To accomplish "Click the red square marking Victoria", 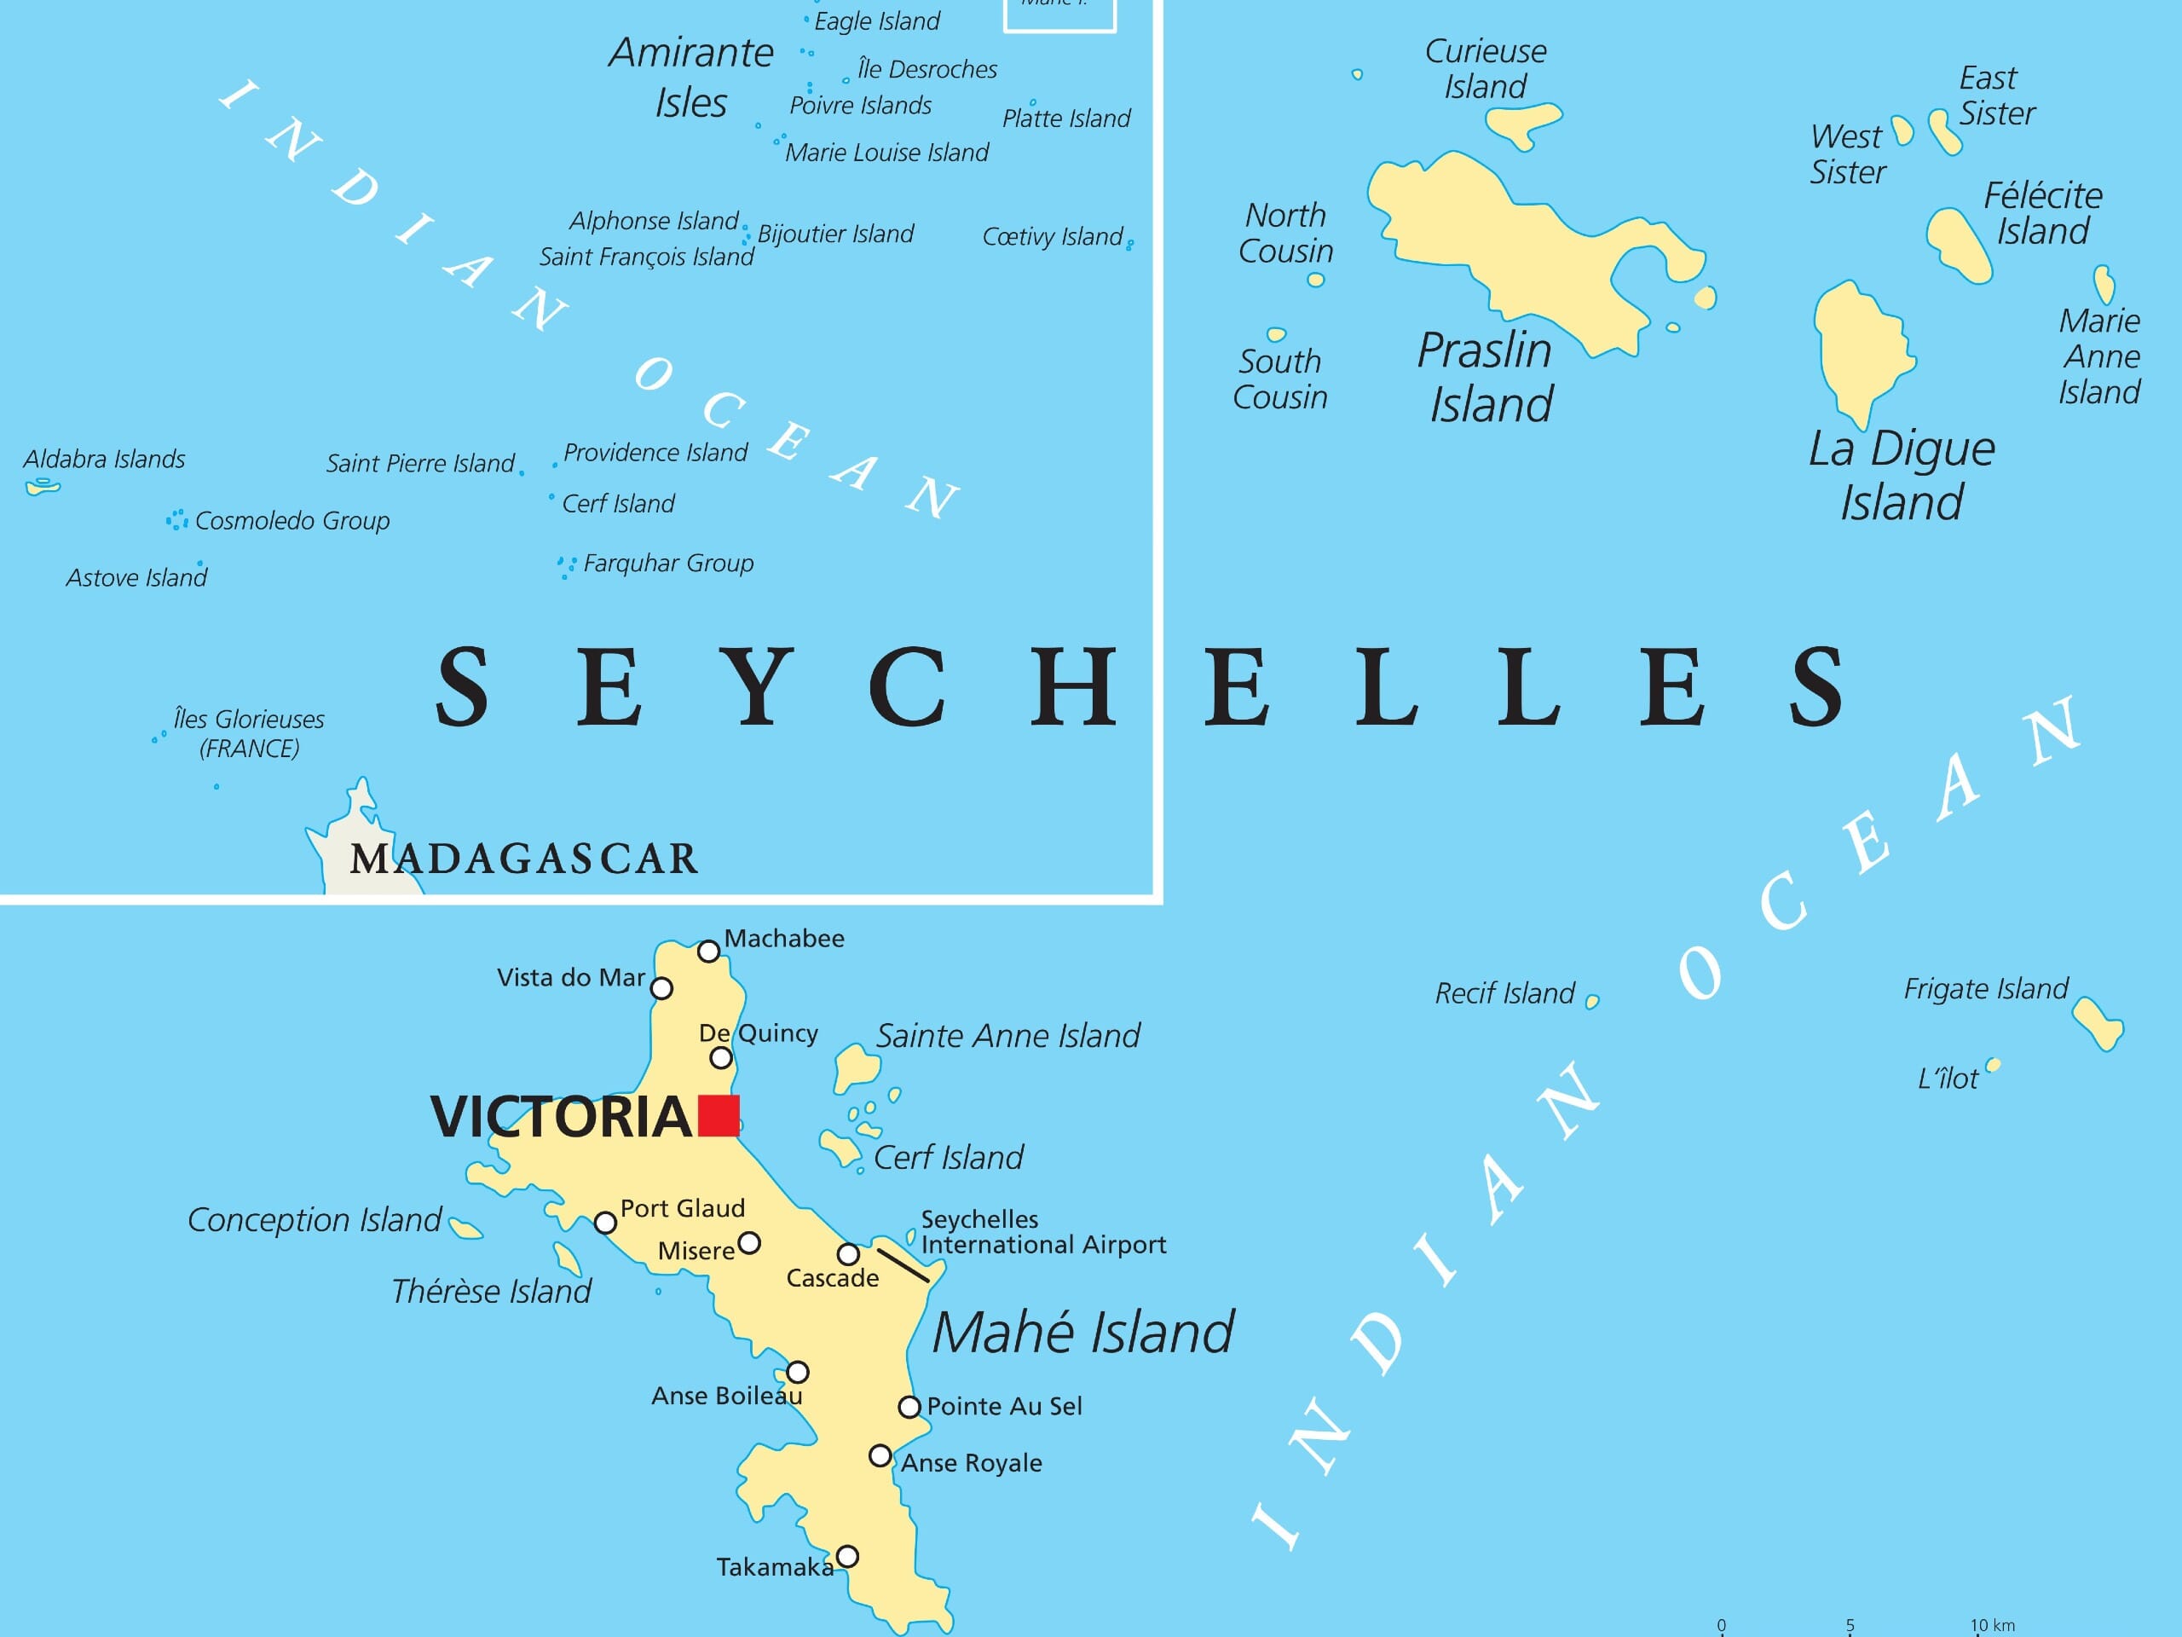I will pos(719,1115).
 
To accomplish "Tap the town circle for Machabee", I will pos(708,952).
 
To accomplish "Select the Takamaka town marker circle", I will pos(846,1556).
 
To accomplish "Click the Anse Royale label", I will pos(971,1462).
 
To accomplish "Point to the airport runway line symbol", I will pos(903,1265).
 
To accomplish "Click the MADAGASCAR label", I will pos(524,859).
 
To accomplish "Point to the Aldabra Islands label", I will pos(104,459).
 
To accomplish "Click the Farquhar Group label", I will pos(668,564).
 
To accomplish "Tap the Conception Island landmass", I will pos(465,1229).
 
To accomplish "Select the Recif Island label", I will pos(1504,992).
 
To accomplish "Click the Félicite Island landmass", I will pos(1958,245).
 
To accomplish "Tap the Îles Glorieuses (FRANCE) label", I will pos(249,733).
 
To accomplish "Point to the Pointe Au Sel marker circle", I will pos(909,1406).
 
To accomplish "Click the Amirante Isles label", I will pos(690,77).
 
